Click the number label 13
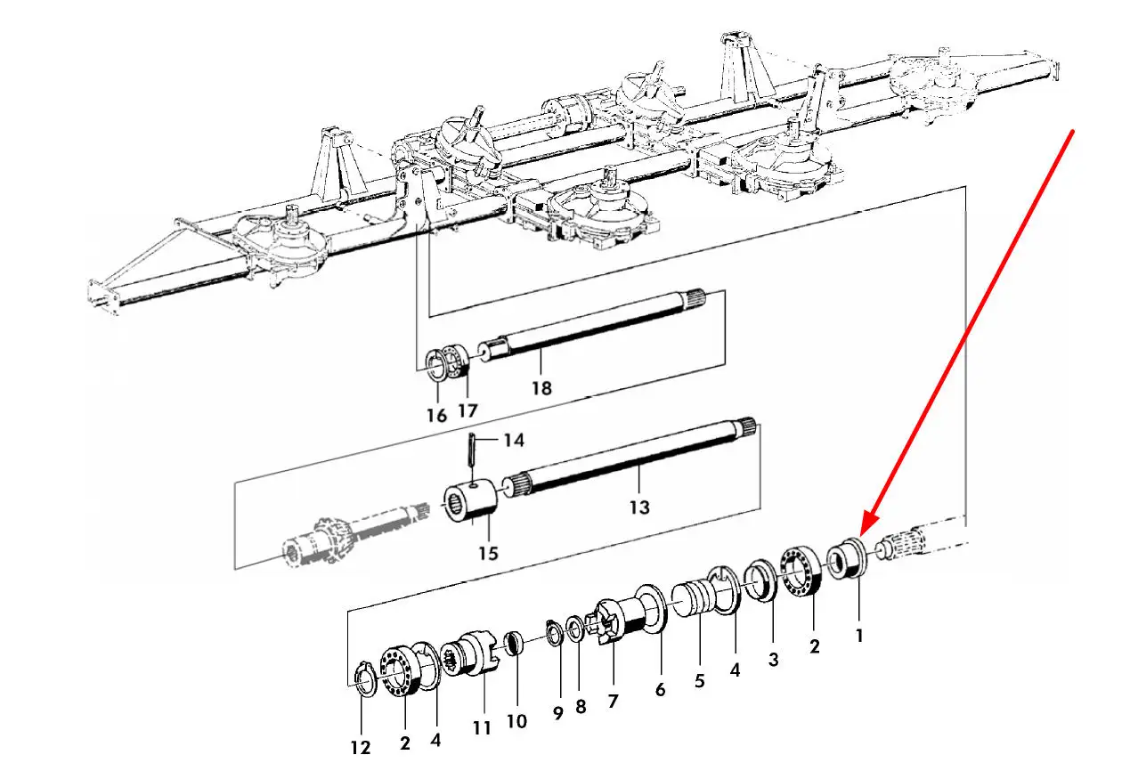pyautogui.click(x=638, y=507)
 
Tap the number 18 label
pyautogui.click(x=541, y=388)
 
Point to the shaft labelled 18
pyautogui.click(x=606, y=325)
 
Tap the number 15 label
pyautogui.click(x=487, y=553)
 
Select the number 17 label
pyautogui.click(x=467, y=410)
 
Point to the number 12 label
pyautogui.click(x=360, y=748)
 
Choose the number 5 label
pyautogui.click(x=699, y=680)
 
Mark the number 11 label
pyautogui.click(x=482, y=727)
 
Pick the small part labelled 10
pyautogui.click(x=513, y=643)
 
